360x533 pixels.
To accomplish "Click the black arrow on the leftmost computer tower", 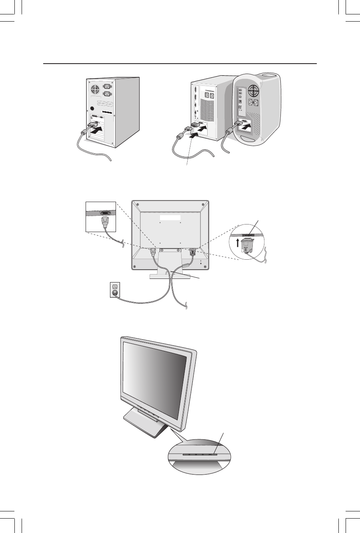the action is (x=97, y=130).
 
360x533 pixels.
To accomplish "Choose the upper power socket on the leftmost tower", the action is (x=107, y=86).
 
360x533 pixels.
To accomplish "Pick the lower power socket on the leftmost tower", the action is (x=107, y=94).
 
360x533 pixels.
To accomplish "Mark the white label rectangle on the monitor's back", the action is (x=170, y=218).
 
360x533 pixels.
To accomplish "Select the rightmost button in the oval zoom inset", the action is (x=214, y=455).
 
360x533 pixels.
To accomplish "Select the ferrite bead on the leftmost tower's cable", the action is (x=84, y=133).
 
